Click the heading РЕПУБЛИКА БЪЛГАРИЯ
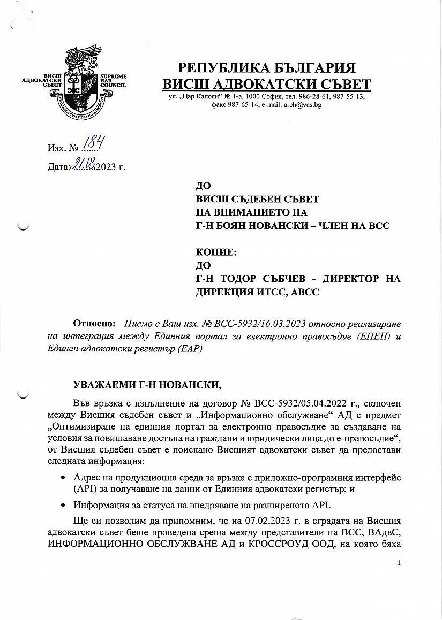pyautogui.click(x=266, y=68)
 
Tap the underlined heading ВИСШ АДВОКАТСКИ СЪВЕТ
pyautogui.click(x=266, y=85)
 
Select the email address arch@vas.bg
pyautogui.click(x=291, y=105)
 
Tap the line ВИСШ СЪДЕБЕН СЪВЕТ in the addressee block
pyautogui.click(x=257, y=199)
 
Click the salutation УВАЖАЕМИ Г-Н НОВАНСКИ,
pyautogui.click(x=147, y=385)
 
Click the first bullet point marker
pyautogui.click(x=64, y=477)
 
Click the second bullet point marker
pyautogui.click(x=64, y=504)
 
